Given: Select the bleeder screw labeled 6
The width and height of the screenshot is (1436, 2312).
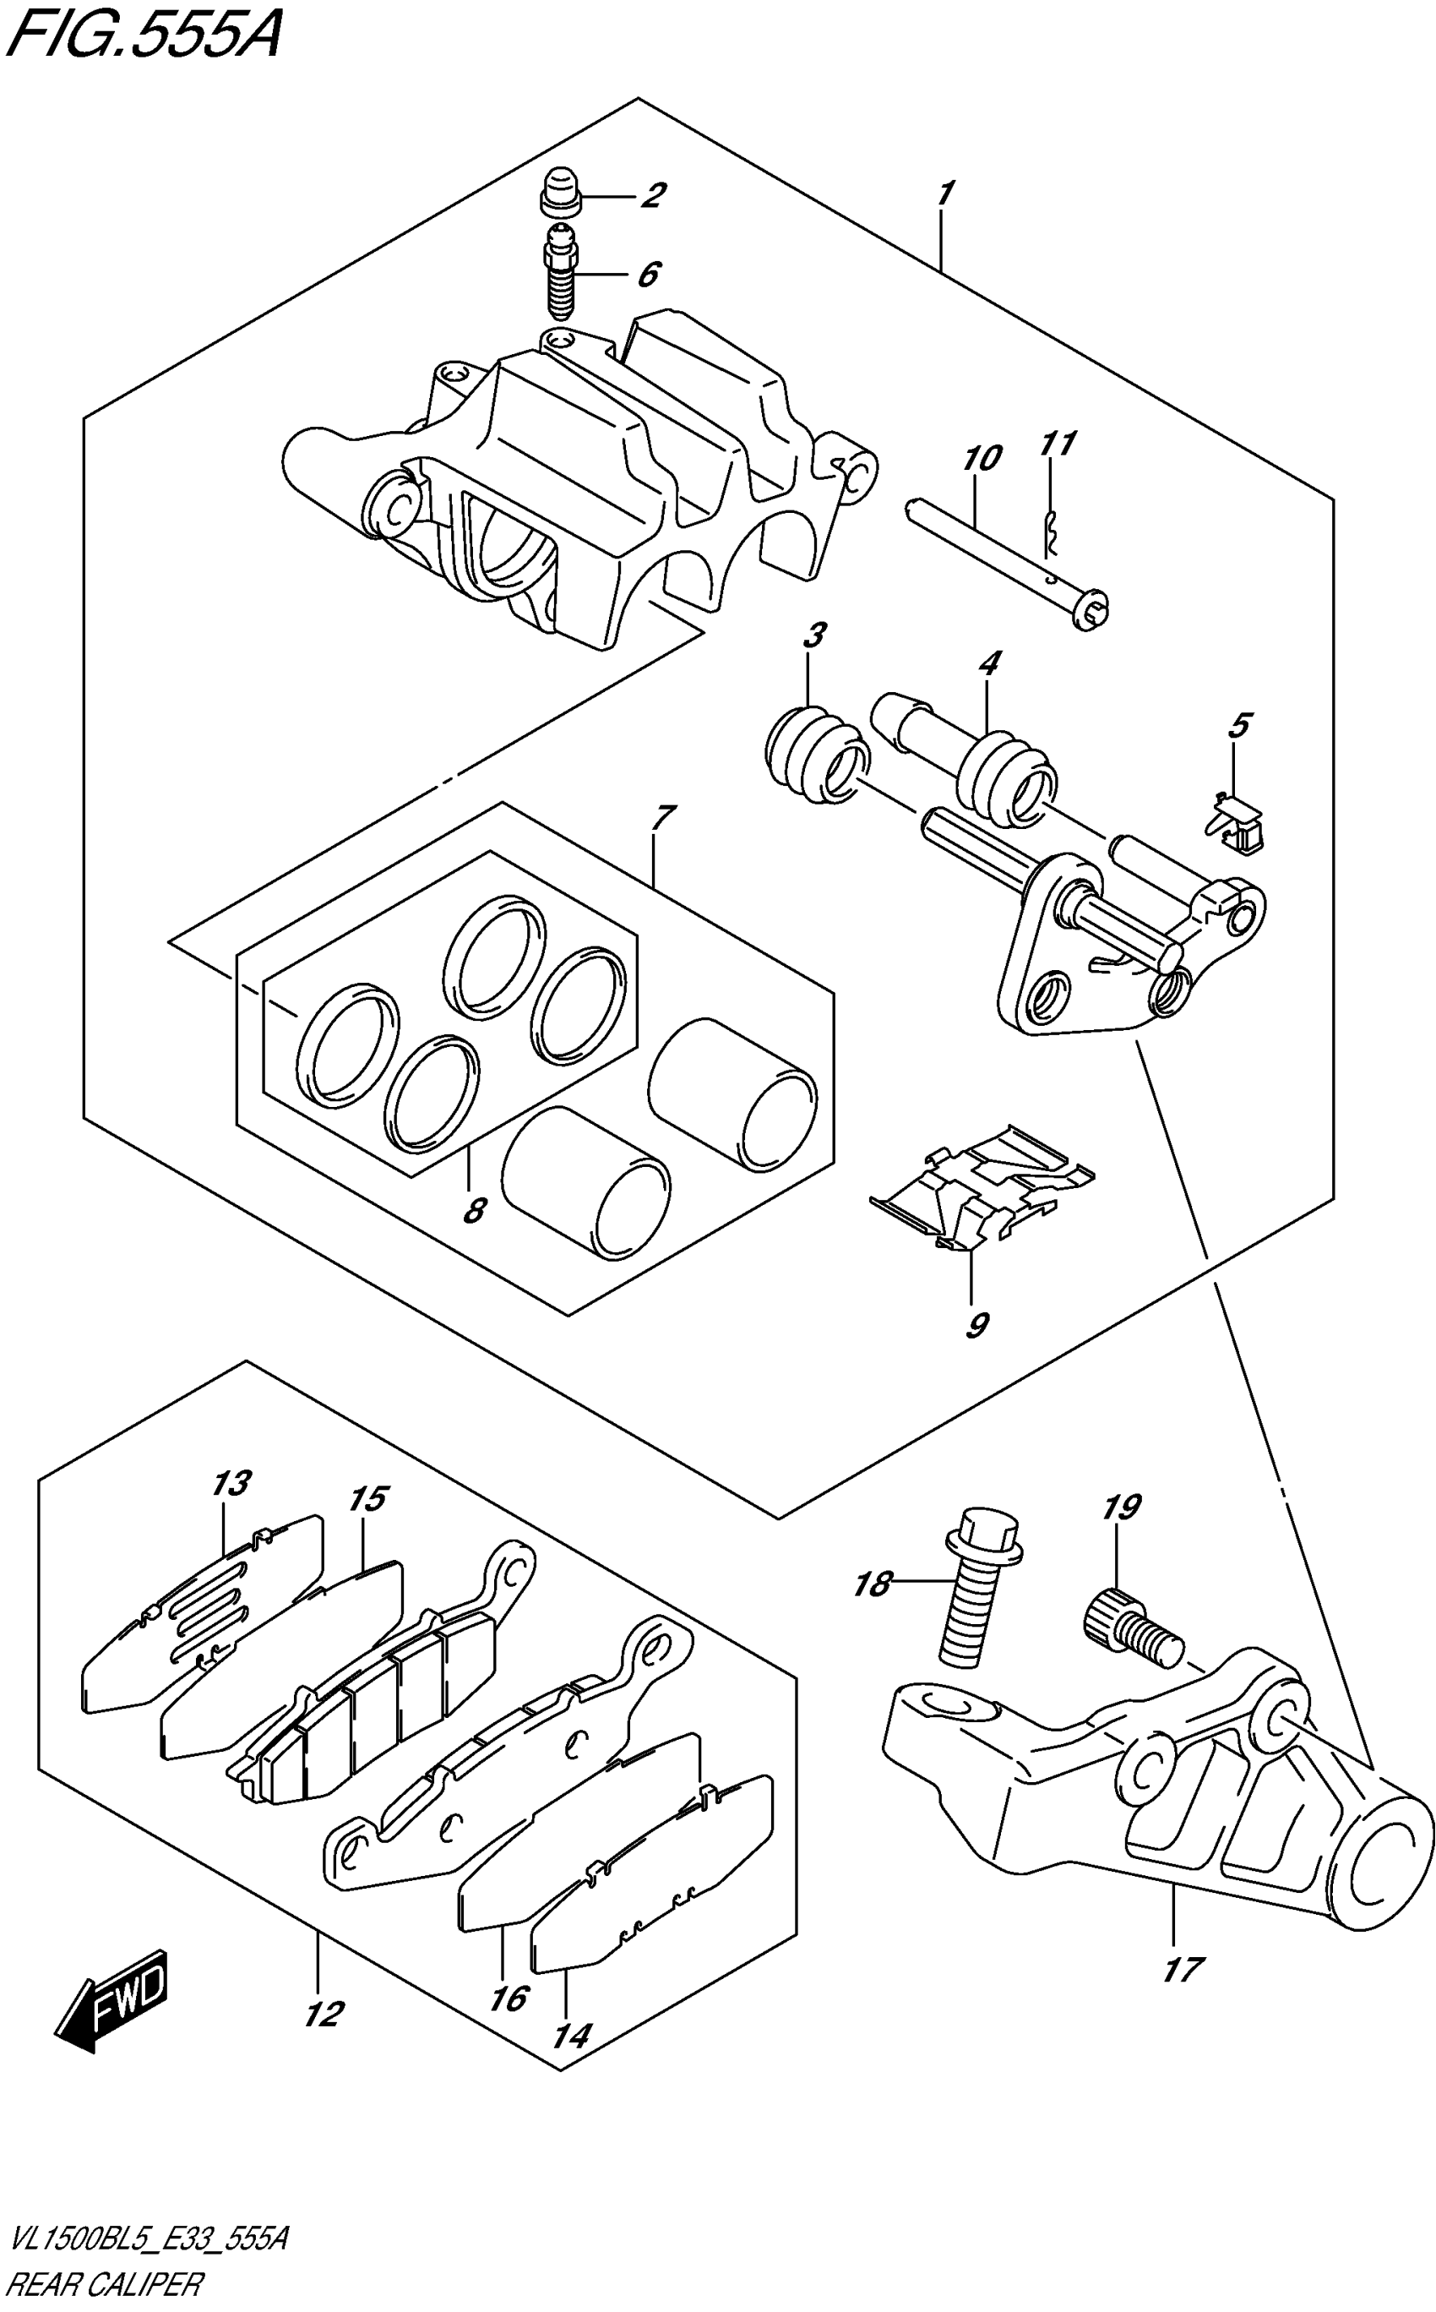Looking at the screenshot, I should point(559,275).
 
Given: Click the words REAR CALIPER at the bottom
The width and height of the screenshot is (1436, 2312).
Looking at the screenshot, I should point(105,2295).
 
